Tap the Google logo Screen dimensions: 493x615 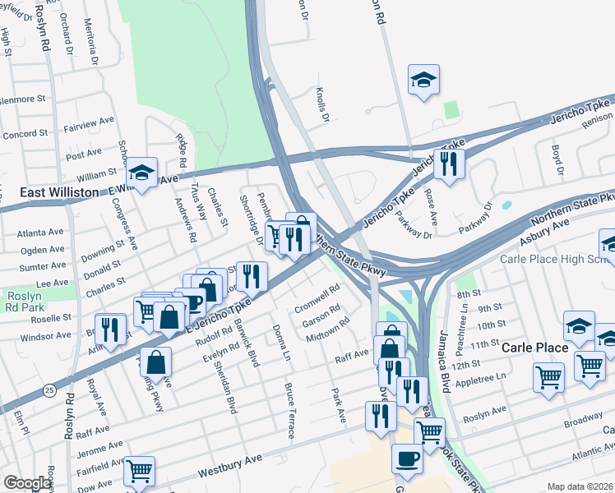[x=27, y=483]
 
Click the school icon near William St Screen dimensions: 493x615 [x=141, y=172]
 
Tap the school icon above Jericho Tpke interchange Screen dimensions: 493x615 [x=423, y=79]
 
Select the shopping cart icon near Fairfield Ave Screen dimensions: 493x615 [x=140, y=470]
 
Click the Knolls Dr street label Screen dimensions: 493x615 [x=322, y=106]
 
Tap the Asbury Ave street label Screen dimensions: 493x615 [x=544, y=233]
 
